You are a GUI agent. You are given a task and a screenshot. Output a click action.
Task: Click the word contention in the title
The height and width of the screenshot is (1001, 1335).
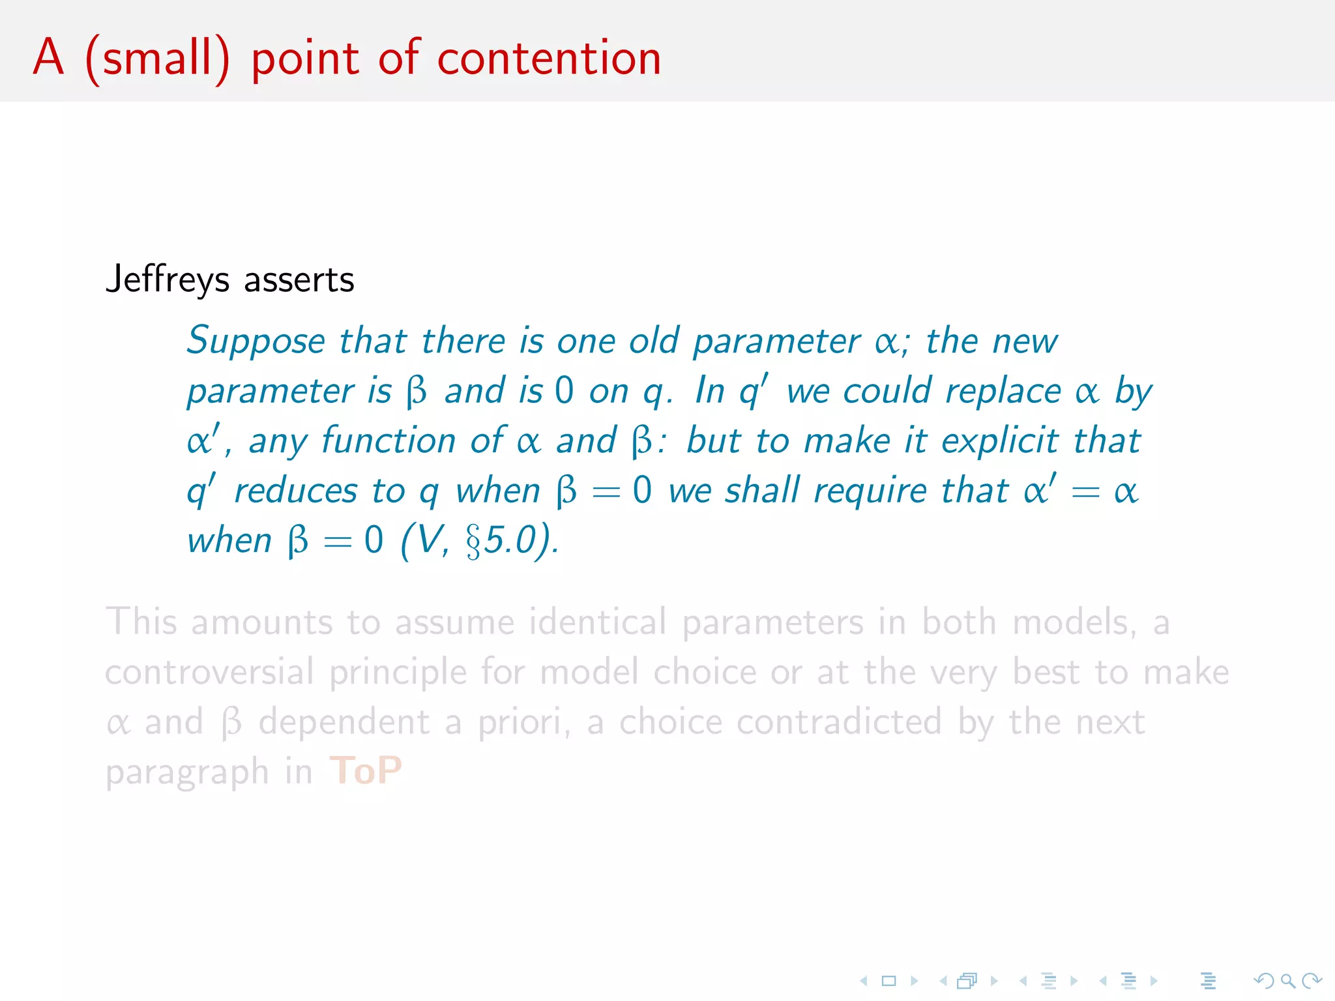coord(549,59)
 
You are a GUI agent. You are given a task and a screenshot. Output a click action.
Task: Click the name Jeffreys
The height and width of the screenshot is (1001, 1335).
coord(168,280)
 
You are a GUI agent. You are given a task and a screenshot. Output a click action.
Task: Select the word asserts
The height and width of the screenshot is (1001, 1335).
coord(299,280)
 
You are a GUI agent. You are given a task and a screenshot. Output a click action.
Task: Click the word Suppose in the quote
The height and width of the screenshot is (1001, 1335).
coord(256,341)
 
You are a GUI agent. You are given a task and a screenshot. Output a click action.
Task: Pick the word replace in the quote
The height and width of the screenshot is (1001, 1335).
coord(1003,392)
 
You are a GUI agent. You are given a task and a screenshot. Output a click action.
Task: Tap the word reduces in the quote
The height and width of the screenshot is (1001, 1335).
coord(296,491)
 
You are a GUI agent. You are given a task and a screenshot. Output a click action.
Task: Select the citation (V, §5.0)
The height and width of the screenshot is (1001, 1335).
coord(479,541)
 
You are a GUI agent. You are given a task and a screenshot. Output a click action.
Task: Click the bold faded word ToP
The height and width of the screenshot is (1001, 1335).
coord(366,771)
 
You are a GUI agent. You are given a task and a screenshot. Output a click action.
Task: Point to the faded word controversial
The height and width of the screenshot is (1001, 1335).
coord(209,672)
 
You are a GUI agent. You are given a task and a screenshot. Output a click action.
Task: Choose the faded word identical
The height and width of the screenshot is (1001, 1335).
coord(598,622)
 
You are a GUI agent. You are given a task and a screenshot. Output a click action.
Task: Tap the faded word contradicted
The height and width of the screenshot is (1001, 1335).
coord(780,722)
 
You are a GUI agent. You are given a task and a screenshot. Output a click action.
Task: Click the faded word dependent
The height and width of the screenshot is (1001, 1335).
coord(344,722)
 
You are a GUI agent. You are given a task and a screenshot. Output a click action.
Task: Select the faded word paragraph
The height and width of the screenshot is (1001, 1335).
coord(187,772)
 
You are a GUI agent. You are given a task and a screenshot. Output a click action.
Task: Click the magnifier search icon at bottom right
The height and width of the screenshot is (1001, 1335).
coord(1287,981)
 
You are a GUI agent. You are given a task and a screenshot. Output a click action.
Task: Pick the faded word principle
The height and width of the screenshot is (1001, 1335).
coord(398,672)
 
